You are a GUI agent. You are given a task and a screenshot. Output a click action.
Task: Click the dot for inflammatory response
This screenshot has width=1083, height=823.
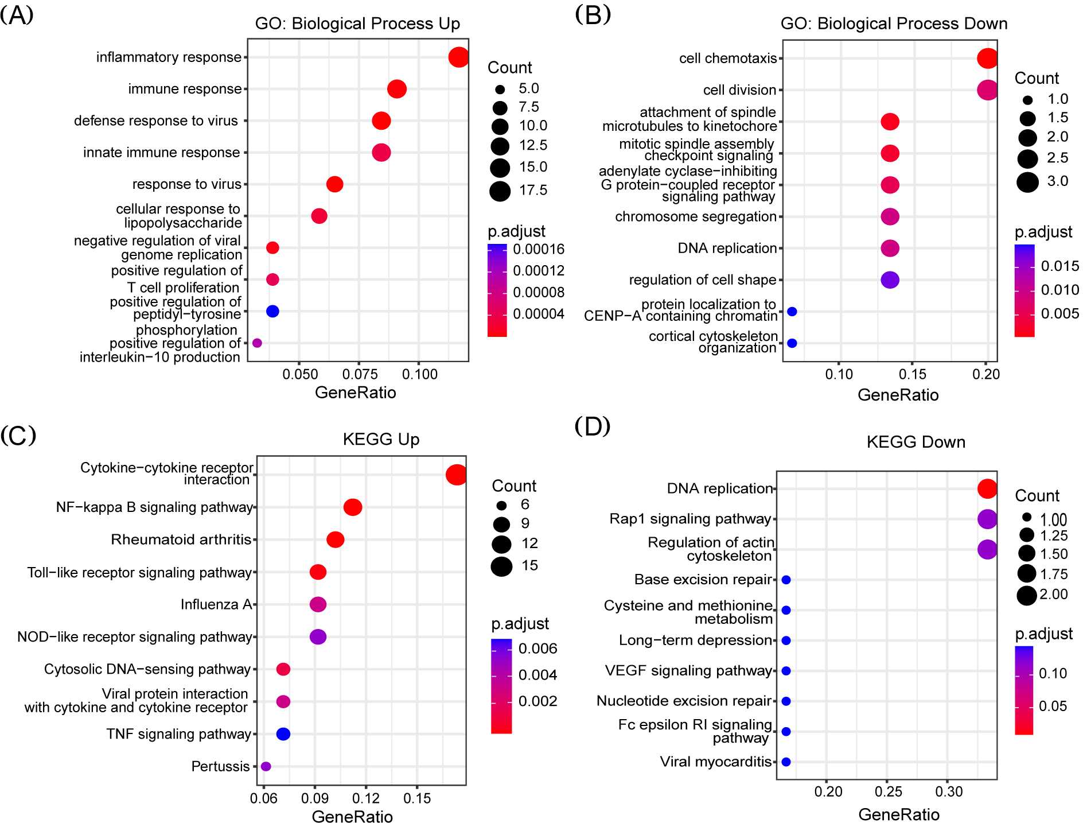[x=458, y=57]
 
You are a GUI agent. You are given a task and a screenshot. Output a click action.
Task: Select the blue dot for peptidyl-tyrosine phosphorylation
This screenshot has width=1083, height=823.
[x=272, y=311]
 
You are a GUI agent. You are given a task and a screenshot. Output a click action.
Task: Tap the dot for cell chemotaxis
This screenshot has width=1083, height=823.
[x=987, y=59]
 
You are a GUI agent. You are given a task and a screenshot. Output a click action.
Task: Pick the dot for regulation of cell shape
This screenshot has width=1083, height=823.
[x=890, y=280]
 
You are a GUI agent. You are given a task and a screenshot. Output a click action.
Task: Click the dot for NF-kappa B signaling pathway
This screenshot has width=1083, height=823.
[x=353, y=507]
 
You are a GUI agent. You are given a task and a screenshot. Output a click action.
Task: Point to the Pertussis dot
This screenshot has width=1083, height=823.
[x=266, y=766]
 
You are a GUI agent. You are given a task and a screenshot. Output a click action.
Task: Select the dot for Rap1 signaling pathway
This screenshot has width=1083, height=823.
[x=987, y=519]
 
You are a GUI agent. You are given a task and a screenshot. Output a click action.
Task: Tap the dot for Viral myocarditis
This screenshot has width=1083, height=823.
[x=786, y=762]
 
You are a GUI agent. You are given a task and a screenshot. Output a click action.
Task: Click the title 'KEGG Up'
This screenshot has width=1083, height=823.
[x=381, y=440]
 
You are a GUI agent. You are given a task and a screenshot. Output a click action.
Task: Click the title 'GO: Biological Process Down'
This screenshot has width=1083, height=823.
[x=894, y=24]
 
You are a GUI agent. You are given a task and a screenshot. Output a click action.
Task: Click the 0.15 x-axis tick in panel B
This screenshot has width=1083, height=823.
[x=913, y=374]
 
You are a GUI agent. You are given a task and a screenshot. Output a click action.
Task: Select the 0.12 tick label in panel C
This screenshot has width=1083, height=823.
[x=366, y=798]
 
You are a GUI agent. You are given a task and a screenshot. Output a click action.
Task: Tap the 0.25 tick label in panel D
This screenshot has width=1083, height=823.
[x=889, y=792]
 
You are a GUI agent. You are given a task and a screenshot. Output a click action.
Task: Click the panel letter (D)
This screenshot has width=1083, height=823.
[x=592, y=426]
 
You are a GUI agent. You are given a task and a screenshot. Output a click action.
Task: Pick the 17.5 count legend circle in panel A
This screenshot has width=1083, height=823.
[x=500, y=191]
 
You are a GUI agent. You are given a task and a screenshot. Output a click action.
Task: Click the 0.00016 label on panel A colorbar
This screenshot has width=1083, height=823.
[x=539, y=249]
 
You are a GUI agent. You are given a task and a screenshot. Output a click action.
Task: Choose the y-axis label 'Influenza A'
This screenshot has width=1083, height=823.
[x=216, y=604]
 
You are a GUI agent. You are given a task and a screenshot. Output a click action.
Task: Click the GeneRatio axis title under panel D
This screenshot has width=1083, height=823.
[x=899, y=814]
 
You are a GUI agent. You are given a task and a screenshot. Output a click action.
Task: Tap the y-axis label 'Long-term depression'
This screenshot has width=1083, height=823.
[x=695, y=640]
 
